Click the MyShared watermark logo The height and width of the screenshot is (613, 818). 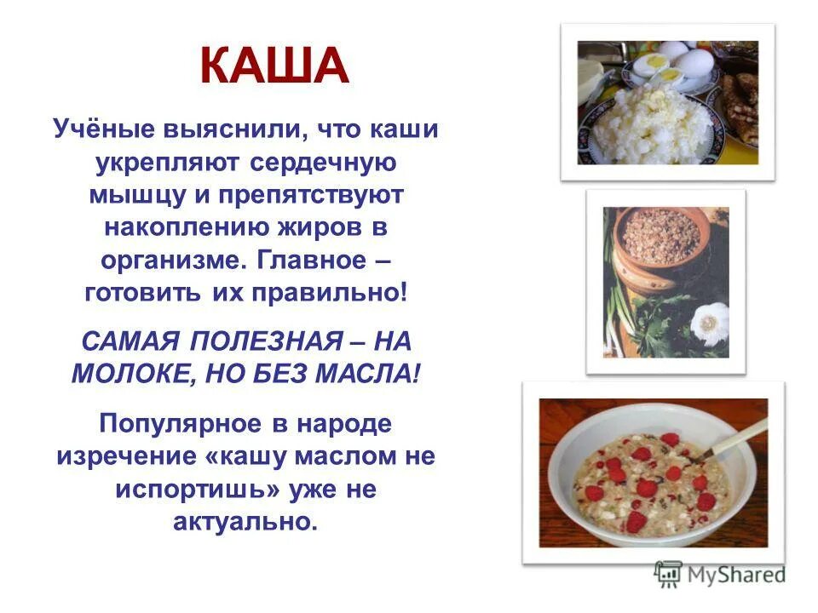pos(719,574)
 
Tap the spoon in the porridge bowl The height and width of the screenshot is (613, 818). pos(724,443)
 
